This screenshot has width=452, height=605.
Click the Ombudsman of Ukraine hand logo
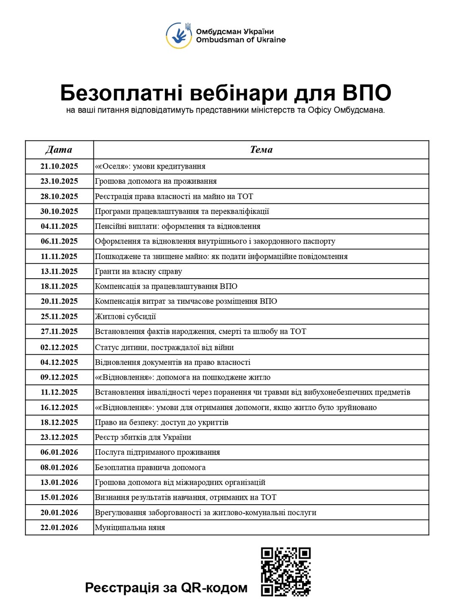coord(179,35)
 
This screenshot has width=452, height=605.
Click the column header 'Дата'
coord(59,150)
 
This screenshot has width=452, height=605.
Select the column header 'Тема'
coord(261,150)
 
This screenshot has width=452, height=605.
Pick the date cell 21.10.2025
coord(59,166)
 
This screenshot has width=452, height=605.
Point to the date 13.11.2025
coord(59,271)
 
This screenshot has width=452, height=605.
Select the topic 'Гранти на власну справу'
coord(139,271)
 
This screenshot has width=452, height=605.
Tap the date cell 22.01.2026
coord(59,527)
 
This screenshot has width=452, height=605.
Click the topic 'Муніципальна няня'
coord(130,527)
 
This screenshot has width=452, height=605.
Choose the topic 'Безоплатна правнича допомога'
coord(150,467)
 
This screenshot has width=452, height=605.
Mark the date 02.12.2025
coord(59,347)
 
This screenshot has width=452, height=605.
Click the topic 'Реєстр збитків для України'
coord(143,437)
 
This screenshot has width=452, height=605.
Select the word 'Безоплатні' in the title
coord(121,93)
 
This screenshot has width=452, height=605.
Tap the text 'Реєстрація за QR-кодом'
coord(166,587)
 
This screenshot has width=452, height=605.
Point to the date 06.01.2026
coord(59,452)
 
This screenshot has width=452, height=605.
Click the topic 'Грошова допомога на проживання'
coord(156,181)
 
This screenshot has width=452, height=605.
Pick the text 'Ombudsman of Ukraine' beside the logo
coord(241,40)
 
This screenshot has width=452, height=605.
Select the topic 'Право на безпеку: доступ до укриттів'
coord(162,422)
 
